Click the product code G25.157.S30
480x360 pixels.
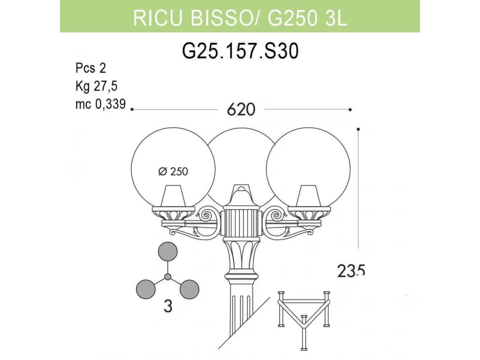click(x=240, y=52)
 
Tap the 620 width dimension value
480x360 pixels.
click(x=241, y=110)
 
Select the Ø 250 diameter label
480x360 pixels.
click(x=173, y=171)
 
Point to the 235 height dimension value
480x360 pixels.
click(x=351, y=271)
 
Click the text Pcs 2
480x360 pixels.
click(x=90, y=68)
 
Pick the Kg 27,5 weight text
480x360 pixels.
click(x=96, y=86)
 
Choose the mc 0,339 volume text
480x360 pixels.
click(x=100, y=104)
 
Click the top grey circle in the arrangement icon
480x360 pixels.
click(x=168, y=251)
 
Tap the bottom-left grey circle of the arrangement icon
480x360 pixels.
click(x=146, y=289)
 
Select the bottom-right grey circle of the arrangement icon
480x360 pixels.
click(x=189, y=289)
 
